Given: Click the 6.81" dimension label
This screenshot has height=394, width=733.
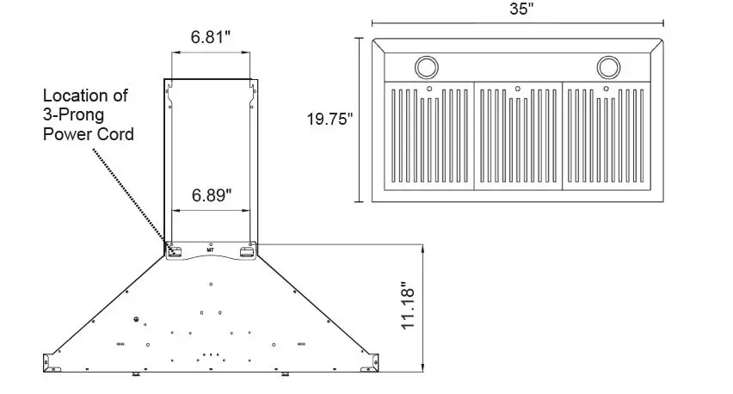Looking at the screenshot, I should click(211, 38).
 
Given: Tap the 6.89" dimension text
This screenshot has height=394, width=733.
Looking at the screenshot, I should click(211, 194).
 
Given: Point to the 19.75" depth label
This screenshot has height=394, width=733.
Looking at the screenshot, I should click(330, 120).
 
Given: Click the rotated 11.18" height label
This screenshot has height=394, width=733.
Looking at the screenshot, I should click(410, 303).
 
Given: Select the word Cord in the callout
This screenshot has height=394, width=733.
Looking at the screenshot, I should click(115, 134).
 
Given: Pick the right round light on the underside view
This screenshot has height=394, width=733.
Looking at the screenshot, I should click(609, 66).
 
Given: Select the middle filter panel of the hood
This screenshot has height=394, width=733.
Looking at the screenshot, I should click(517, 135).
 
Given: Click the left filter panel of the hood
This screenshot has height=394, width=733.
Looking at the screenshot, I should click(428, 135).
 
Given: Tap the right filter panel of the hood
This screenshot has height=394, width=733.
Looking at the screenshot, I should click(606, 135).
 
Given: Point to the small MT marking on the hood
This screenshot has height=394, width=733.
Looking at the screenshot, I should click(211, 247).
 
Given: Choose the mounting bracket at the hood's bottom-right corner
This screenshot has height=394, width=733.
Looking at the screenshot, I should click(372, 359).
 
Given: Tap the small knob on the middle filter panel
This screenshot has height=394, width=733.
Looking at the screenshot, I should click(516, 88).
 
